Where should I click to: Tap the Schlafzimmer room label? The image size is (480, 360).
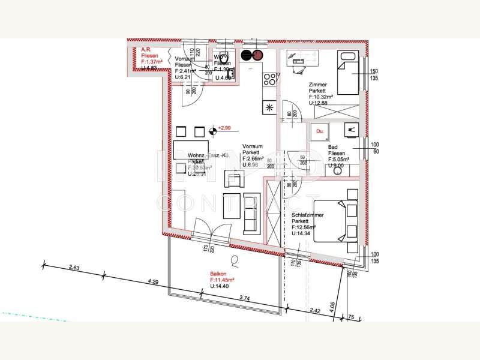click(x=308, y=214)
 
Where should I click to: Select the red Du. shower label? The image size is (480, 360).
click(x=320, y=130)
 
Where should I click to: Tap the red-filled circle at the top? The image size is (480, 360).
click(x=258, y=56)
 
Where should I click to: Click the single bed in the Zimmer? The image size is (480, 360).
click(x=347, y=73)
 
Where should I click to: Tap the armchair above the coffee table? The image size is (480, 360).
click(x=235, y=179)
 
